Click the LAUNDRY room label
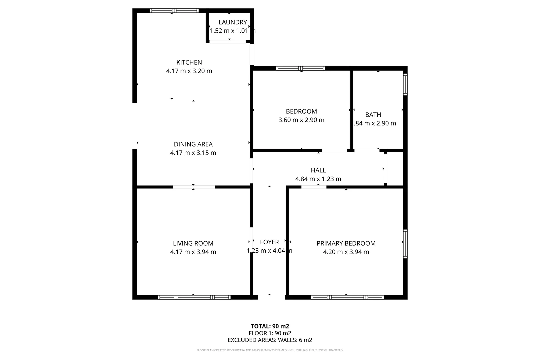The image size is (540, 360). (x=233, y=22)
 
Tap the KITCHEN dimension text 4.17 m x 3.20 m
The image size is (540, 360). (x=189, y=71)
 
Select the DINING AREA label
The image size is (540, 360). (x=193, y=144)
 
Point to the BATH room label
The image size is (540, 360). (x=373, y=115)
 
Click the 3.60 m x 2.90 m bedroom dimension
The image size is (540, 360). (x=301, y=120)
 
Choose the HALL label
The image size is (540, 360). (x=318, y=170)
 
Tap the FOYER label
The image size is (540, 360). (x=269, y=242)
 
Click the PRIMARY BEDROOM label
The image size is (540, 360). (x=346, y=243)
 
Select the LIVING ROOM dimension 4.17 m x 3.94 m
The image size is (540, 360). (x=193, y=252)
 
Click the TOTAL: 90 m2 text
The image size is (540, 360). (x=270, y=326)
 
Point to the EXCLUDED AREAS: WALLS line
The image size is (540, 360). (x=270, y=340)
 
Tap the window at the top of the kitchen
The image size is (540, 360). (x=174, y=11)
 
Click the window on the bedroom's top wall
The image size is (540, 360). (x=300, y=68)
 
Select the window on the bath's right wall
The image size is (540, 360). (x=405, y=84)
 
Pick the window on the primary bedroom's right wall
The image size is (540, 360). (x=405, y=244)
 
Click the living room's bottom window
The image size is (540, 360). (x=194, y=297)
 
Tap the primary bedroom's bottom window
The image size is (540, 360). (x=347, y=297)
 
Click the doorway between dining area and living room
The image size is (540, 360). (x=194, y=187)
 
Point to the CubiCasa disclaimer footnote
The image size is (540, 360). (x=270, y=350)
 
